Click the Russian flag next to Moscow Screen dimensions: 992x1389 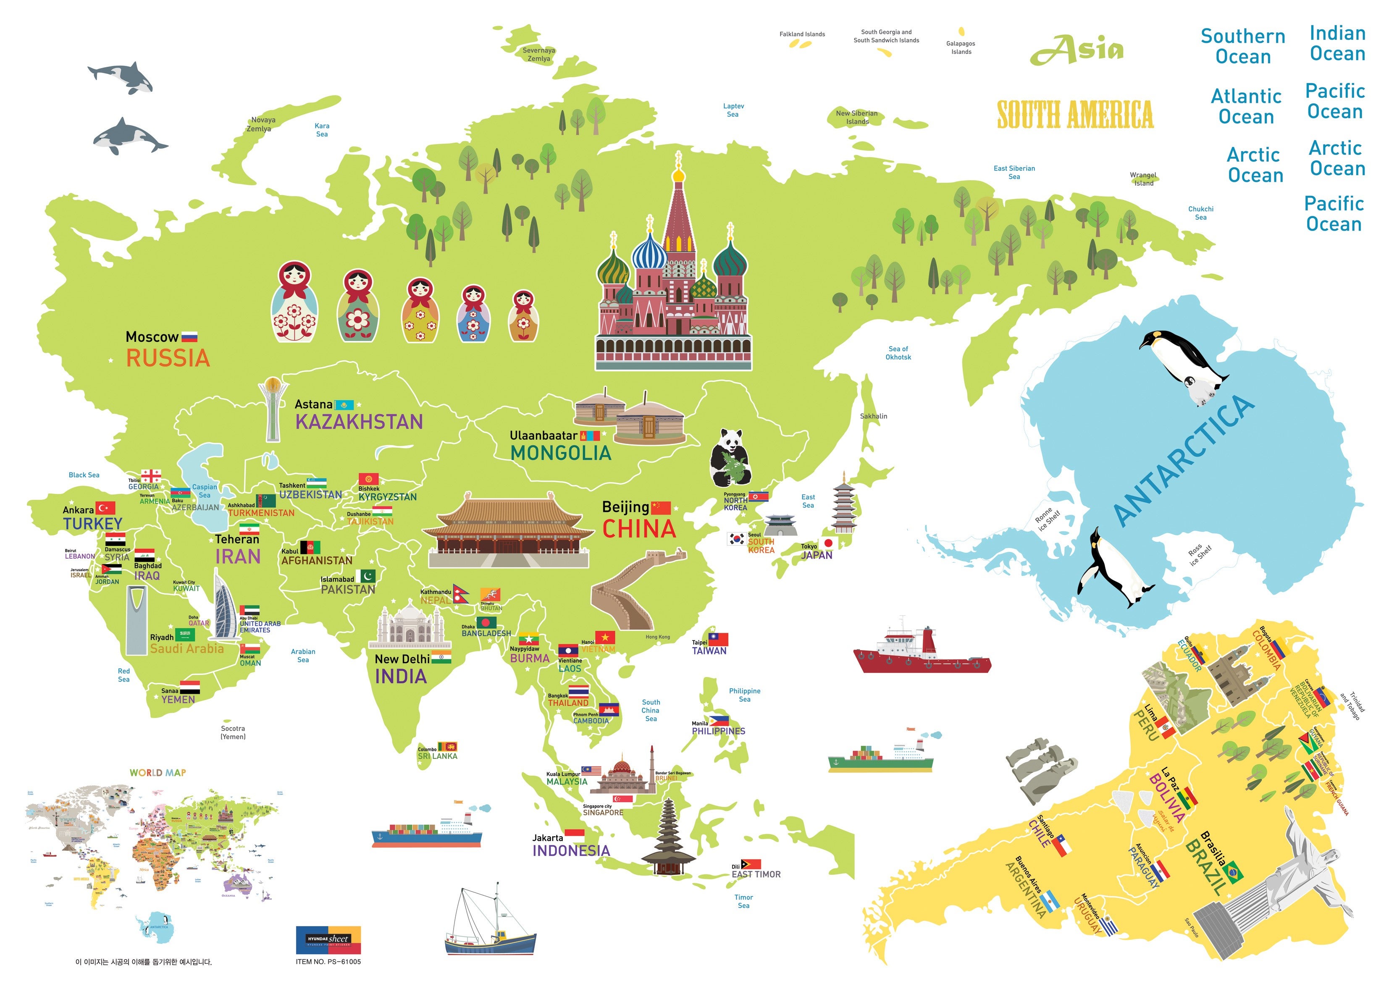[x=189, y=336]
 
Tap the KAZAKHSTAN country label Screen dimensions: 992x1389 [x=359, y=422]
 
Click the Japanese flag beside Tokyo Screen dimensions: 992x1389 [x=828, y=543]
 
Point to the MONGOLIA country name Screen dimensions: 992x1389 [x=560, y=453]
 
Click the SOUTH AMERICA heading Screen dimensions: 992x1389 [x=1075, y=115]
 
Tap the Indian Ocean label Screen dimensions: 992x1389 [x=1337, y=43]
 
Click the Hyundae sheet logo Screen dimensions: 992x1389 [x=328, y=939]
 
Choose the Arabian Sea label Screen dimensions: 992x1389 [x=303, y=656]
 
